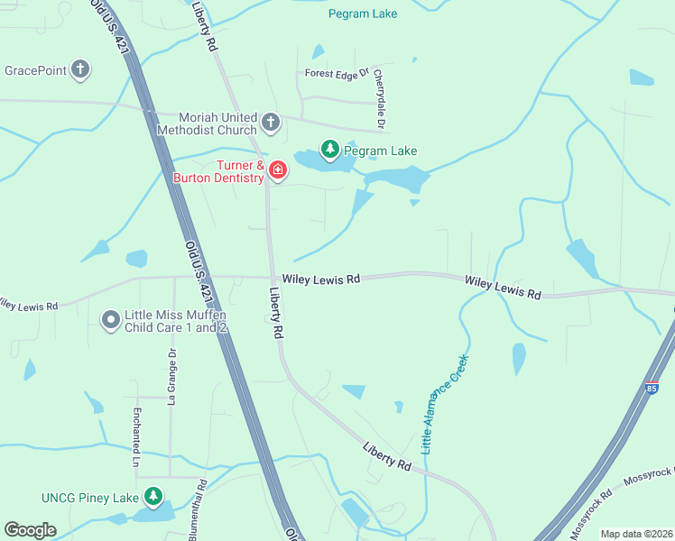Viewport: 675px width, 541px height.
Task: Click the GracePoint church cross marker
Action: (81, 69)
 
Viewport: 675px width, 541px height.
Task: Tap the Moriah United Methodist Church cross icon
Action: (271, 121)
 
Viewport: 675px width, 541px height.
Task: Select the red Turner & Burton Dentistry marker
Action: (277, 170)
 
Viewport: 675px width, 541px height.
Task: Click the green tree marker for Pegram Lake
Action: (330, 151)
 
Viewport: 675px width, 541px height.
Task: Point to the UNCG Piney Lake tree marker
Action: (153, 497)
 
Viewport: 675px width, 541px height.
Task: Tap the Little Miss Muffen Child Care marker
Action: (111, 320)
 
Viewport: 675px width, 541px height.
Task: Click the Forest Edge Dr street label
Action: (337, 73)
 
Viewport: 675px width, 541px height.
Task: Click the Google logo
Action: (30, 530)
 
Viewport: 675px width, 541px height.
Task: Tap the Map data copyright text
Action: (635, 534)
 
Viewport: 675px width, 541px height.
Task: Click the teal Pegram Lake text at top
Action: (362, 14)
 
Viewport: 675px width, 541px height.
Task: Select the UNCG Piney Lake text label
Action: (89, 498)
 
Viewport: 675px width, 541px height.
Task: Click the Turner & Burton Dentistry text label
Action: (218, 171)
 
